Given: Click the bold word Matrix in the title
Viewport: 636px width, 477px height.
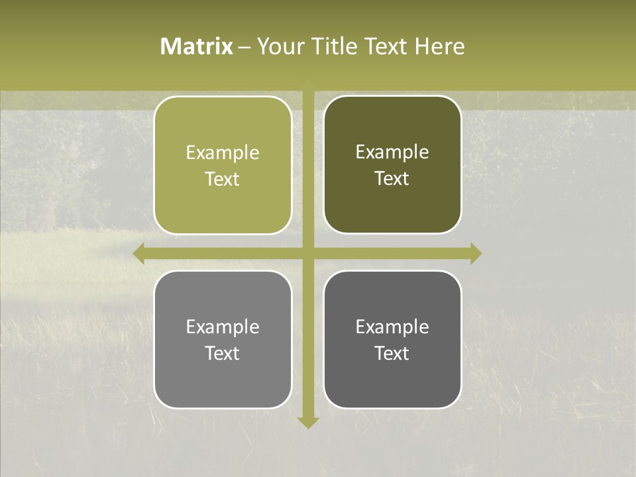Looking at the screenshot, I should tap(197, 46).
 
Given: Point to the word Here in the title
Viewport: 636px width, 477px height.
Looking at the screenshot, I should tap(440, 46).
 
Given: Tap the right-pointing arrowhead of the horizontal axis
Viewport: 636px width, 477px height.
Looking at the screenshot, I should tap(476, 254).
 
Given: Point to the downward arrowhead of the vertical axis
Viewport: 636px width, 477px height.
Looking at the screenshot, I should tap(308, 422).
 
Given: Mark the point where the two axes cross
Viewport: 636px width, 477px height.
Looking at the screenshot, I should tap(308, 254).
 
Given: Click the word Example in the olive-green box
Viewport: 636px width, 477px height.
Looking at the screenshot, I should tap(223, 153).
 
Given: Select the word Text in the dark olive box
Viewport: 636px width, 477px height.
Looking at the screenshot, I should tap(392, 179).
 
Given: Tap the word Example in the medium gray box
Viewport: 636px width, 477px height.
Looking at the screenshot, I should tap(223, 327).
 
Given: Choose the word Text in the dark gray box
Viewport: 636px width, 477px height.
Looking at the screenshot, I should tap(392, 353).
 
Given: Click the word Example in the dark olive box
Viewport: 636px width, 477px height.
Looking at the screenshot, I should tap(392, 152).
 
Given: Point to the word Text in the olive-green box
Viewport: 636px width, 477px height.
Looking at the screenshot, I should tap(223, 180).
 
